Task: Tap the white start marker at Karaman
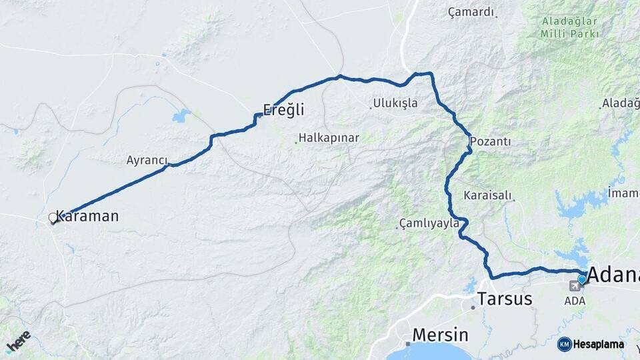(53, 217)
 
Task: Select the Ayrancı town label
(147, 160)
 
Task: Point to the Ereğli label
(283, 109)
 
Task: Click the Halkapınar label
(329, 138)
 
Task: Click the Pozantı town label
(490, 141)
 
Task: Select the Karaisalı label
(487, 195)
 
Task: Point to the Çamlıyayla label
(429, 223)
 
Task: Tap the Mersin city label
(440, 334)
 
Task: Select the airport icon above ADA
(575, 286)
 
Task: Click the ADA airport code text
(575, 301)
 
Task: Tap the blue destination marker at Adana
(582, 279)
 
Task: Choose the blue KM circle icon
(564, 344)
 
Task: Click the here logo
(18, 341)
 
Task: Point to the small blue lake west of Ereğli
(181, 116)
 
